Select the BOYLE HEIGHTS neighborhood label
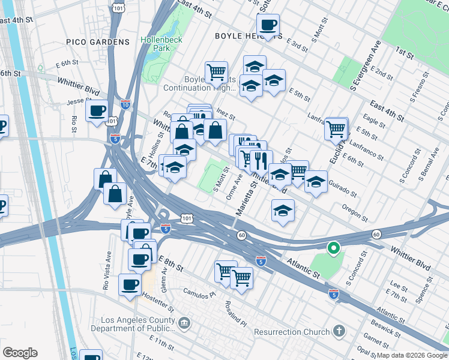click(x=249, y=36)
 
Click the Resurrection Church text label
click(x=292, y=332)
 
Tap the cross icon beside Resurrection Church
click(x=340, y=331)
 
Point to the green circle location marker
click(x=333, y=247)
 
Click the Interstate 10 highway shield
click(x=125, y=104)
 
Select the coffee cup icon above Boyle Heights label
click(x=268, y=25)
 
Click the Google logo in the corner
click(x=20, y=353)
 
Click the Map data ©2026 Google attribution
click(x=412, y=355)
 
